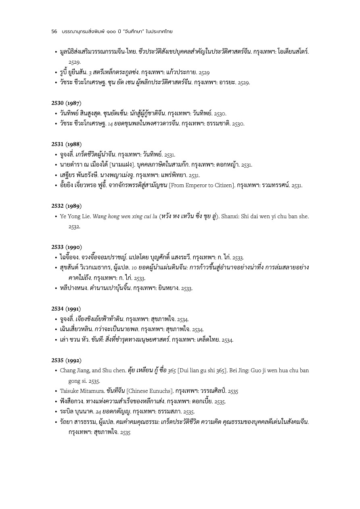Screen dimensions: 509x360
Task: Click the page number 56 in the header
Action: click(54, 31)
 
